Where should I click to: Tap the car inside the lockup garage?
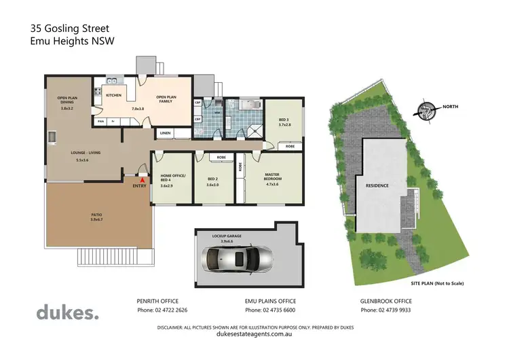[x=238, y=259]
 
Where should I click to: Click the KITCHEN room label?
[x=113, y=95]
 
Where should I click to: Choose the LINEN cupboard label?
[x=166, y=133]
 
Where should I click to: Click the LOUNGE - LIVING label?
[x=86, y=153]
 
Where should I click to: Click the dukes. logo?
[x=67, y=313]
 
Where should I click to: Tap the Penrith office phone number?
[x=163, y=310]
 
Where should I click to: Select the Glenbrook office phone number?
[x=387, y=310]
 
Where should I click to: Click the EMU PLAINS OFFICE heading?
[x=270, y=300]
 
